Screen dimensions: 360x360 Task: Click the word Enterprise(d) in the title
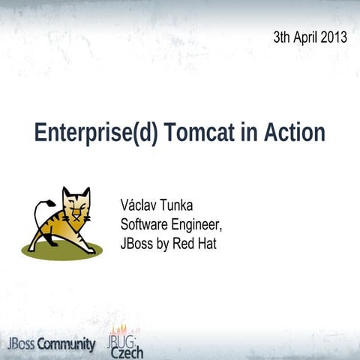coord(94,133)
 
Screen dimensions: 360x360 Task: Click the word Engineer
coord(198,224)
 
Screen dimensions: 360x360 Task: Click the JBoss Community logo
coord(51,344)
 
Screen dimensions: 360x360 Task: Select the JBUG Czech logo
coord(125,341)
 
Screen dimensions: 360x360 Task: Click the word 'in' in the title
coord(247,133)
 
